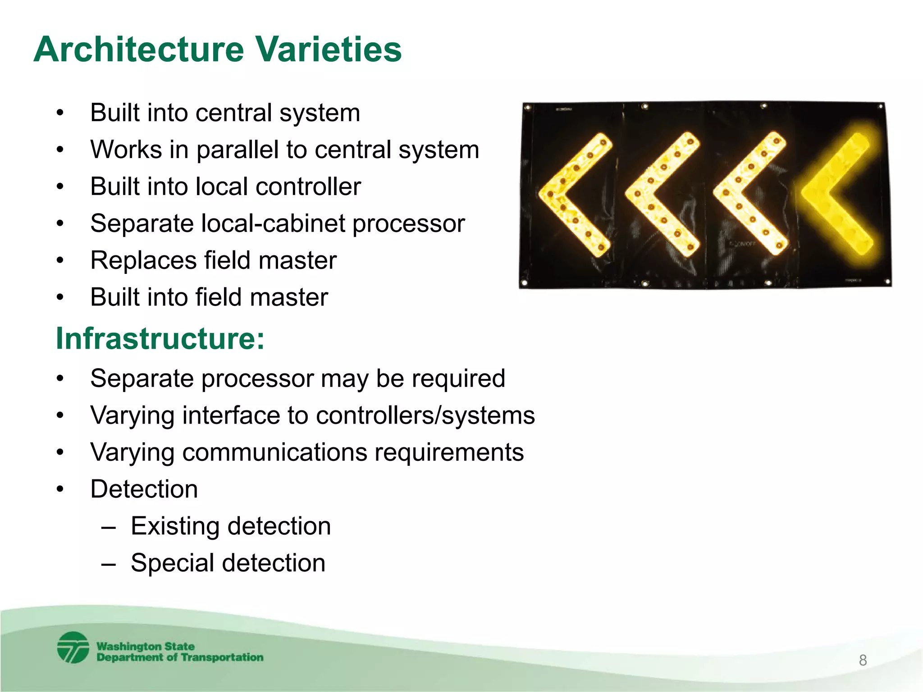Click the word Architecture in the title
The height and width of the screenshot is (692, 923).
click(x=138, y=50)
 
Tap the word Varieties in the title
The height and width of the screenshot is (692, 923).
click(x=329, y=50)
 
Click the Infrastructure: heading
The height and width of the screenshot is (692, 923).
click(x=160, y=338)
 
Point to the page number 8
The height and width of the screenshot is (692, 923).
click(x=863, y=660)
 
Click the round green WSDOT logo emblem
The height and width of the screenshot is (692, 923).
click(x=73, y=647)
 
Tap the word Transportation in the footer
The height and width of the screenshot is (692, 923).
click(x=222, y=657)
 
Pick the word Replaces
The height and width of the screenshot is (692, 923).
click(x=143, y=260)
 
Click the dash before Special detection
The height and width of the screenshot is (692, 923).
click(x=109, y=564)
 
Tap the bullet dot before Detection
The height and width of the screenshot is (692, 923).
click(x=60, y=489)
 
